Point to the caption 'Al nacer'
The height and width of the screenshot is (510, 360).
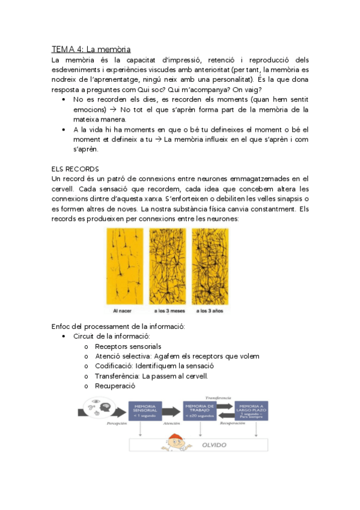click(124, 311)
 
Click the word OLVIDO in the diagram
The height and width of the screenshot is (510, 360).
click(213, 445)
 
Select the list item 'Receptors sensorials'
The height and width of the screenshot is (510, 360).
click(128, 346)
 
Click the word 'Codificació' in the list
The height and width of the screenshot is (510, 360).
click(114, 366)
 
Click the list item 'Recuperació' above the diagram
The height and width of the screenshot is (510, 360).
click(115, 386)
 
